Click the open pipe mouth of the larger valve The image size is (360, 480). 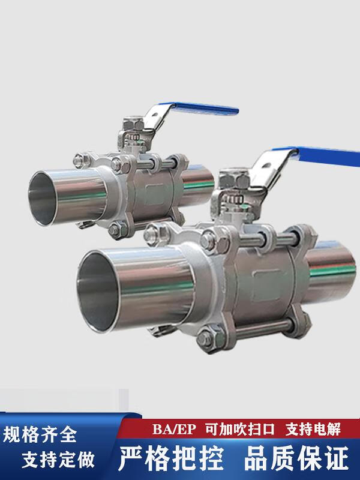(97, 292)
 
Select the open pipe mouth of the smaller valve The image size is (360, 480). (43, 199)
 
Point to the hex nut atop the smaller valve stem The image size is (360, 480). (133, 124)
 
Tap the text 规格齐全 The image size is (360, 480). (40, 434)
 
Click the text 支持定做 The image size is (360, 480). (58, 460)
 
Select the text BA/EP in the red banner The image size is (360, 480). (174, 429)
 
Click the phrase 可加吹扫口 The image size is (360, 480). (240, 429)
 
